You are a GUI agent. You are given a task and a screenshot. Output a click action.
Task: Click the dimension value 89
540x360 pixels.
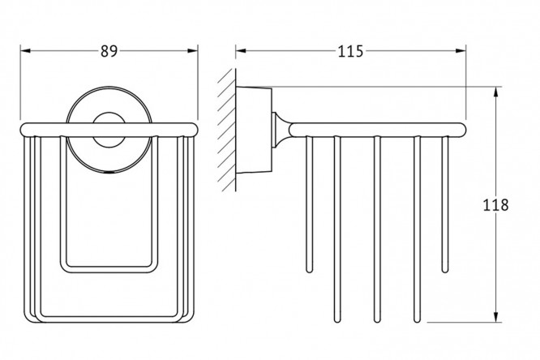click(x=108, y=49)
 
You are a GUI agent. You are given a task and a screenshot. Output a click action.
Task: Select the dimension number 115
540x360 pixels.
click(x=350, y=49)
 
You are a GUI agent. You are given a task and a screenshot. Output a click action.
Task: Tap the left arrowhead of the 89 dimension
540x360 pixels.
click(x=24, y=50)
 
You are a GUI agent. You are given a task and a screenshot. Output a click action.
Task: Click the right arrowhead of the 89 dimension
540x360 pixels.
click(x=194, y=50)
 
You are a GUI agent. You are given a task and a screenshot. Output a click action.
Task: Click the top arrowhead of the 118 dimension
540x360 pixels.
click(x=495, y=89)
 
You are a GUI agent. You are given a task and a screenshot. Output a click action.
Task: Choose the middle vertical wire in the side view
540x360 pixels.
click(x=376, y=227)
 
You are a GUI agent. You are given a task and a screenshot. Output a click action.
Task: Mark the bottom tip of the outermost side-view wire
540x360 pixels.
click(x=444, y=267)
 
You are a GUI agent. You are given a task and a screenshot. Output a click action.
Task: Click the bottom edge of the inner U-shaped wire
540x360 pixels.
click(x=109, y=268)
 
